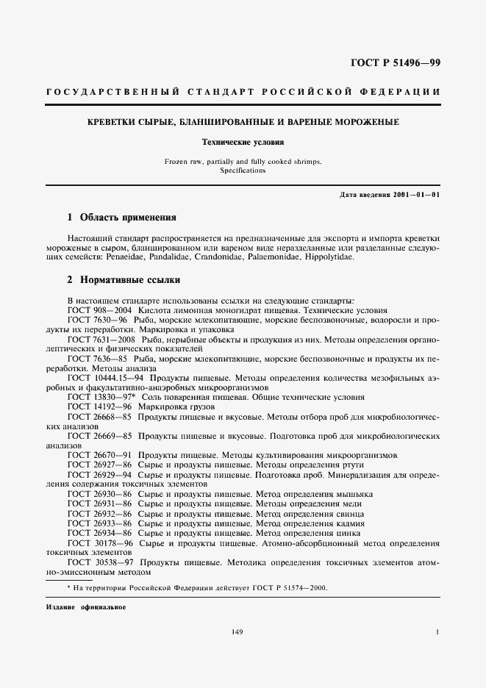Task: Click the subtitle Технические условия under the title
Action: [243, 141]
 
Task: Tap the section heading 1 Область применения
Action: [121, 218]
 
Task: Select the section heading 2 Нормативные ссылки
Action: [124, 280]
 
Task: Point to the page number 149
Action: [237, 631]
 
